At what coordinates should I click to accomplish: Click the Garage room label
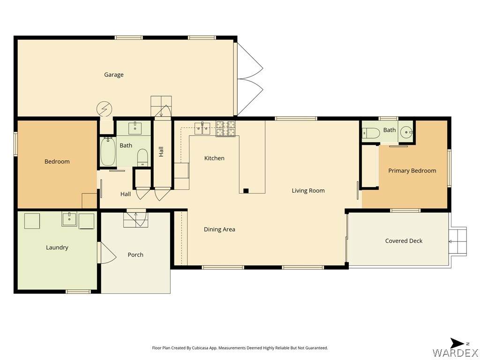[113, 75]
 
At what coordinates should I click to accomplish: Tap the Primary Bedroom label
[412, 171]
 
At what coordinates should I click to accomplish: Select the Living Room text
[308, 190]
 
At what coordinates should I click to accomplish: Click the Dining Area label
[219, 229]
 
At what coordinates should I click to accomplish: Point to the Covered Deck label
[404, 241]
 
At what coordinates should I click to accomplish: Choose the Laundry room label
[57, 247]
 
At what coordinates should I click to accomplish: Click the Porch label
[135, 255]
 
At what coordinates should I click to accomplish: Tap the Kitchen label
[214, 158]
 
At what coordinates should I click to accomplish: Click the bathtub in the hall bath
[108, 151]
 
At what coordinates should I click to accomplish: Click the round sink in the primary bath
[406, 133]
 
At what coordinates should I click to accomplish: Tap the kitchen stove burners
[225, 128]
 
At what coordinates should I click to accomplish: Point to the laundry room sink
[69, 219]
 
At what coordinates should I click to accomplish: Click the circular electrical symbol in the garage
[105, 109]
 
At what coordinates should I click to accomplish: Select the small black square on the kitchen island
[246, 191]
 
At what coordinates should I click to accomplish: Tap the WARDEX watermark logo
[456, 352]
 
